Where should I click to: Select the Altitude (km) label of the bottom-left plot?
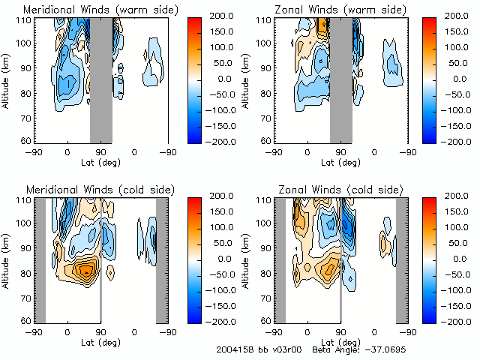coord(7,259)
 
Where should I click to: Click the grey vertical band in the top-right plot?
coord(341,79)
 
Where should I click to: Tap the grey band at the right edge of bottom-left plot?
coord(161,259)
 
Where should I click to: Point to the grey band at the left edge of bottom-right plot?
coord(280,259)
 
